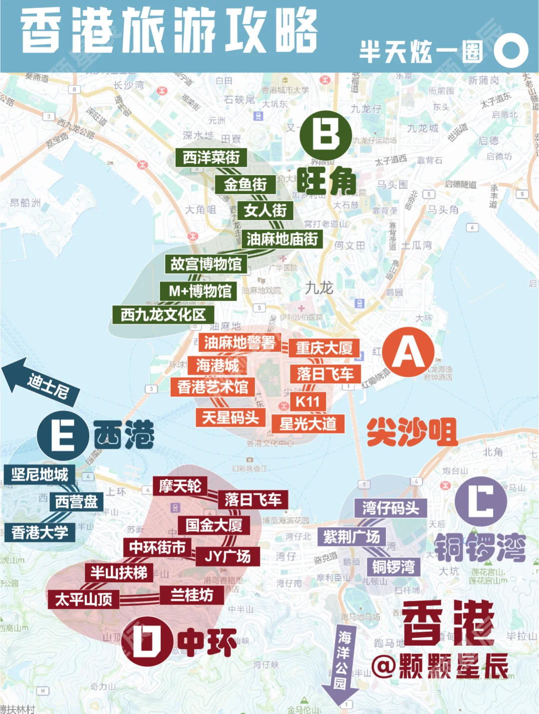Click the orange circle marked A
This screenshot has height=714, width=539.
[x=408, y=353]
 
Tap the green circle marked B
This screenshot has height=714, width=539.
[x=326, y=135]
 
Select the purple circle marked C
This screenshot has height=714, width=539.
[x=481, y=501]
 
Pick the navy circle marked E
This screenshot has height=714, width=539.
[x=63, y=435]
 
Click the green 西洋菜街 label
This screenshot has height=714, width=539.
[x=211, y=158]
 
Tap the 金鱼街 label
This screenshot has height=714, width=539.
[x=245, y=185]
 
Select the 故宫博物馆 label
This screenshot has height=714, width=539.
[x=206, y=264]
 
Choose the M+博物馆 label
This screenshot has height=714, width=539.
[x=200, y=291]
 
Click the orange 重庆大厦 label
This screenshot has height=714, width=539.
[x=324, y=348]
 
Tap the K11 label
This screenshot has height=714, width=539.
[x=307, y=401]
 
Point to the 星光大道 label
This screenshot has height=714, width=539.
[x=308, y=424]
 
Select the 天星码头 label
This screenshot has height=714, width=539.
[x=230, y=417]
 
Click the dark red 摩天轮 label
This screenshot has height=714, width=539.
[x=180, y=486]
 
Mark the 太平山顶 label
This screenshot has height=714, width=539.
[x=83, y=599]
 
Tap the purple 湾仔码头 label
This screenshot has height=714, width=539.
[x=391, y=508]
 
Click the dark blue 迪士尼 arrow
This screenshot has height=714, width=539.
[x=41, y=383]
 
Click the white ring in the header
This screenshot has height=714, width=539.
[x=511, y=50]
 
